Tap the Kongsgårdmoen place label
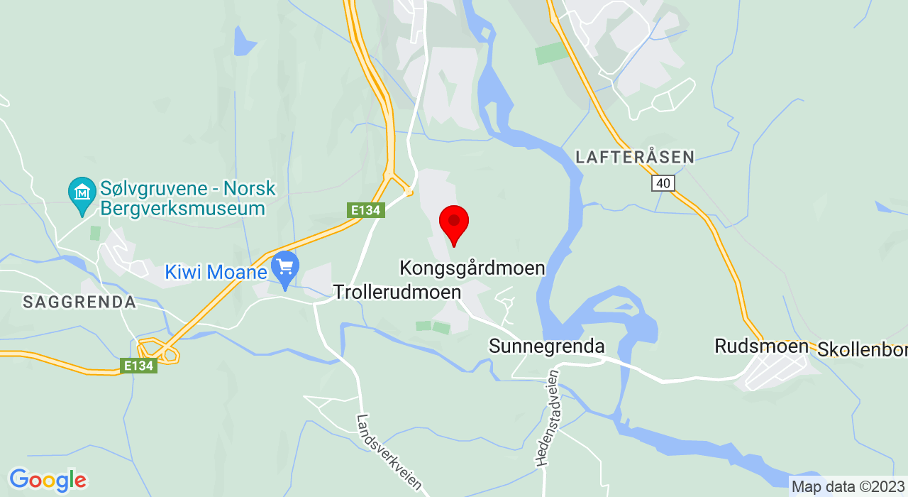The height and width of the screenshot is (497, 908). click(x=472, y=268)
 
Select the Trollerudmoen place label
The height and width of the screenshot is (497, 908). click(x=397, y=292)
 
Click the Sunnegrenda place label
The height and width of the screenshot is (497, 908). click(x=547, y=346)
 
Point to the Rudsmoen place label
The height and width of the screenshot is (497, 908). click(x=762, y=346)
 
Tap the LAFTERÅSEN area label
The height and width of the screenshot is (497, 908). click(x=635, y=158)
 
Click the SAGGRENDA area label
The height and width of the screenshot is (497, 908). click(x=79, y=302)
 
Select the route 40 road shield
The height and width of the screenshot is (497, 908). click(x=663, y=183)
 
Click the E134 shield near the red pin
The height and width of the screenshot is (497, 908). click(x=366, y=210)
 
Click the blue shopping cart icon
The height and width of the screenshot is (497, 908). click(x=285, y=268)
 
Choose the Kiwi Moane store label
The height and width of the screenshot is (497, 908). click(x=217, y=272)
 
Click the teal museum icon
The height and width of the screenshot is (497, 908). click(x=82, y=192)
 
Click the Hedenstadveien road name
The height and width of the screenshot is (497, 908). click(x=548, y=417)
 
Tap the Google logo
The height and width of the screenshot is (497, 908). click(x=47, y=480)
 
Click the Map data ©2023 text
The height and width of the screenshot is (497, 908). click(x=848, y=487)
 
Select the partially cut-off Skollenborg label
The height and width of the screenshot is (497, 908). click(x=863, y=349)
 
